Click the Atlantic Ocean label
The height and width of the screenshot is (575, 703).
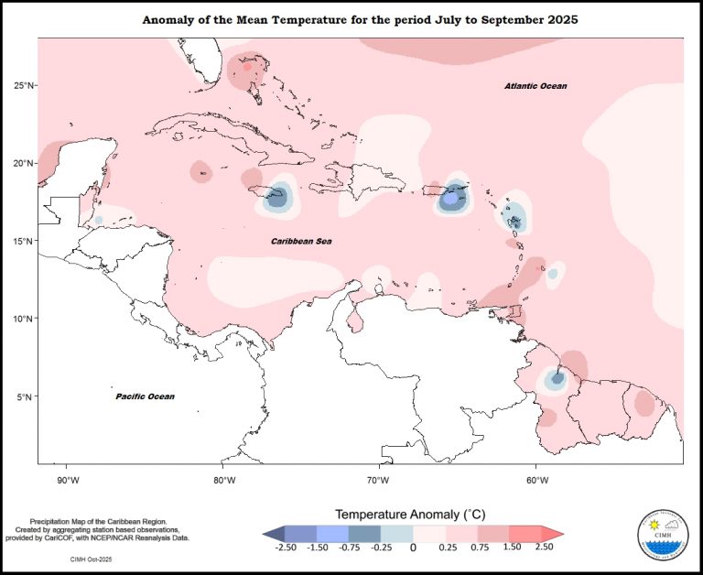coord(535,86)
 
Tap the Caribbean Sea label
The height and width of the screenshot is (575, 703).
coord(301,241)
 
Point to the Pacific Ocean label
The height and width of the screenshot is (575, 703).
coord(145,396)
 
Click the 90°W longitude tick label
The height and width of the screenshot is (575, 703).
coord(68,479)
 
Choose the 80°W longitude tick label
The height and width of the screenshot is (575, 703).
coord(223,479)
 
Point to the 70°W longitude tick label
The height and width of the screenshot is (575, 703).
coord(379,479)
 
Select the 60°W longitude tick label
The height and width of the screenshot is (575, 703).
coord(535,479)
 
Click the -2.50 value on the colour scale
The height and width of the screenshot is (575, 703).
coord(286,548)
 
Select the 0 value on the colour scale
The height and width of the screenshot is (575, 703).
coord(413,548)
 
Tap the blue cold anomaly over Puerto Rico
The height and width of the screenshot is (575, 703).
coord(450,198)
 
